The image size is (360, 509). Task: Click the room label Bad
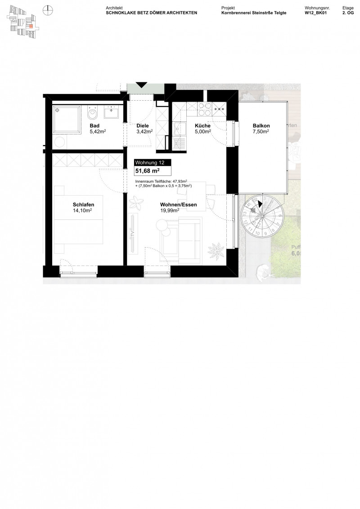[94, 126]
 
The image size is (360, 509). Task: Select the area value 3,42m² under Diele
[144, 132]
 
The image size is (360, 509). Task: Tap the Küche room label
[202, 126]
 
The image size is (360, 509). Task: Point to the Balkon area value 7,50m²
[261, 132]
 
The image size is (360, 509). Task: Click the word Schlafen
[83, 204]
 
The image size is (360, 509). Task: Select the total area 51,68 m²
[147, 171]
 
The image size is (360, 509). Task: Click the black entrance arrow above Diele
[141, 85]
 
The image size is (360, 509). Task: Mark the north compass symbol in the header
[47, 9]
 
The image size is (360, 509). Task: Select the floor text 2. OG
[348, 13]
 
